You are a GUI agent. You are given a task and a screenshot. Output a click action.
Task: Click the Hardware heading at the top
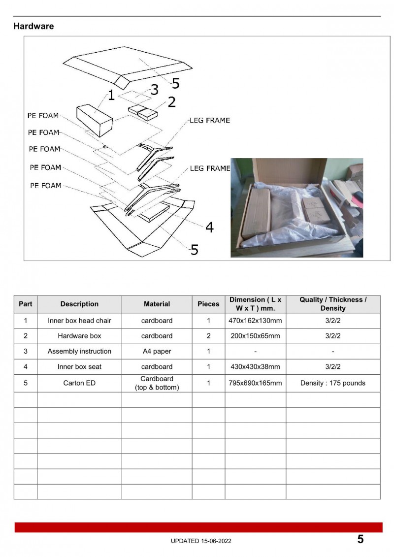33,26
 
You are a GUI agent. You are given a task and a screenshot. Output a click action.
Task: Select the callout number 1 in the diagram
111,96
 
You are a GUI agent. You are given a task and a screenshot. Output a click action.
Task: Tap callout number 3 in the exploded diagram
154,90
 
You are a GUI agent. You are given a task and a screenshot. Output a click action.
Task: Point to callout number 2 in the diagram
171,102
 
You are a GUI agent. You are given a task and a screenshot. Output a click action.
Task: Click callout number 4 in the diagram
209,227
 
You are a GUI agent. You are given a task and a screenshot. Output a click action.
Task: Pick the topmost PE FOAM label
42,116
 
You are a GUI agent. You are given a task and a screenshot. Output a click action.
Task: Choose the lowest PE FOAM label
46,186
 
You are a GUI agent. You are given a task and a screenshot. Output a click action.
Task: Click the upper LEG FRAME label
210,120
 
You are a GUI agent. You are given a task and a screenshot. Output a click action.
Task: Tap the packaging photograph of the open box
296,207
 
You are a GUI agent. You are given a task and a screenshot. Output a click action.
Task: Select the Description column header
79,304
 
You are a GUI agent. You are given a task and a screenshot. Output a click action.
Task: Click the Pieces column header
208,304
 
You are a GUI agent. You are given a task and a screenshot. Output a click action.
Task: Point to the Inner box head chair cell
79,321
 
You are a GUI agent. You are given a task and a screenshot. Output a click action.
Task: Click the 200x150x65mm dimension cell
255,336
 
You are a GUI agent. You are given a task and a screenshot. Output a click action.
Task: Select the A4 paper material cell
157,351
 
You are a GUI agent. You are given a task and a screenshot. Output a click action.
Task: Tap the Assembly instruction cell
79,351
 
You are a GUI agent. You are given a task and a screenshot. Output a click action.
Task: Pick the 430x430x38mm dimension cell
255,366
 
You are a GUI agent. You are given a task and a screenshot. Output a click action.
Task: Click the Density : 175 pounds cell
333,383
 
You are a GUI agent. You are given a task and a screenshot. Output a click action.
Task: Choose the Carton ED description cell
79,383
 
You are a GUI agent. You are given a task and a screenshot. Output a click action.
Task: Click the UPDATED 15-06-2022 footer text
201,541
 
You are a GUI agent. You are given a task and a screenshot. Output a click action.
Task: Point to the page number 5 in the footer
361,539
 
